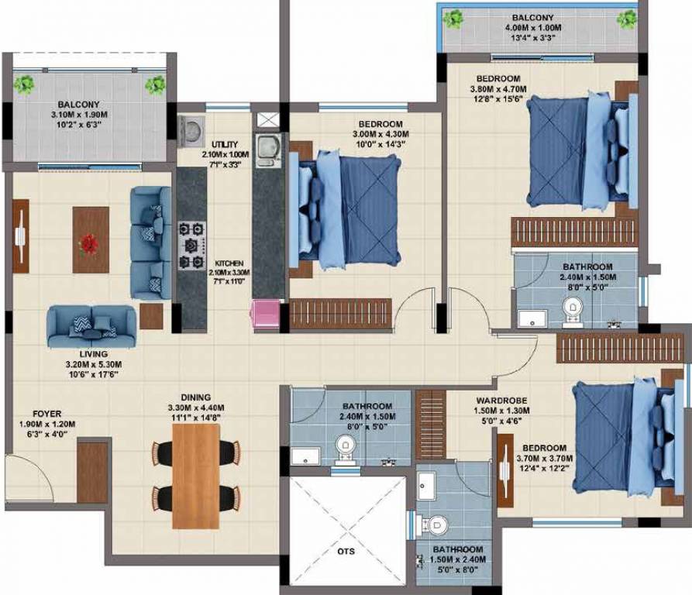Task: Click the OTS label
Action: coord(346,552)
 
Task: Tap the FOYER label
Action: coord(46,414)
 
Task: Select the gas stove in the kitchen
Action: coord(192,246)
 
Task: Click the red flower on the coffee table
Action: coord(90,245)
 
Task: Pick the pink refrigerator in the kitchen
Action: coord(266,314)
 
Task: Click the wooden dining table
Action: coord(196,476)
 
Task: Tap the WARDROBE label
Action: coord(502,401)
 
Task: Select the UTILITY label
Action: coord(225,145)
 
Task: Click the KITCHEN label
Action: coord(229,263)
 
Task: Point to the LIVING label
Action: coord(94,354)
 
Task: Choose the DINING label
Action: coord(195,397)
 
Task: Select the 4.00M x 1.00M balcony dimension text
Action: coord(533,28)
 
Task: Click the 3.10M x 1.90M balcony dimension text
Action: coord(79,115)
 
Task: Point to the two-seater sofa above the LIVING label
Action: coord(91,326)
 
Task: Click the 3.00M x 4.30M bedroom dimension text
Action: coord(380,134)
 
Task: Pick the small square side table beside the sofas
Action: coord(151,316)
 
